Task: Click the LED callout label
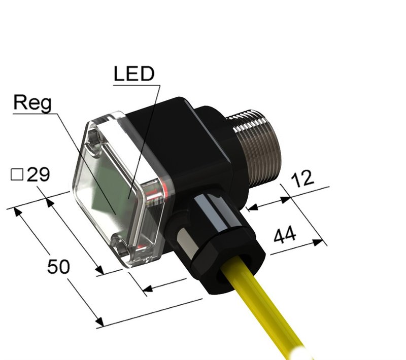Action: (x=133, y=75)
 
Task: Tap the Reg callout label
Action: (x=32, y=103)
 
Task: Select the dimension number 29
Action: (x=38, y=175)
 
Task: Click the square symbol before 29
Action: (x=17, y=175)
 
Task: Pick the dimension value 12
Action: (x=303, y=178)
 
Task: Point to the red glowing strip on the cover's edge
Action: (x=163, y=191)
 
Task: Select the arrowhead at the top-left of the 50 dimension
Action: (x=18, y=211)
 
